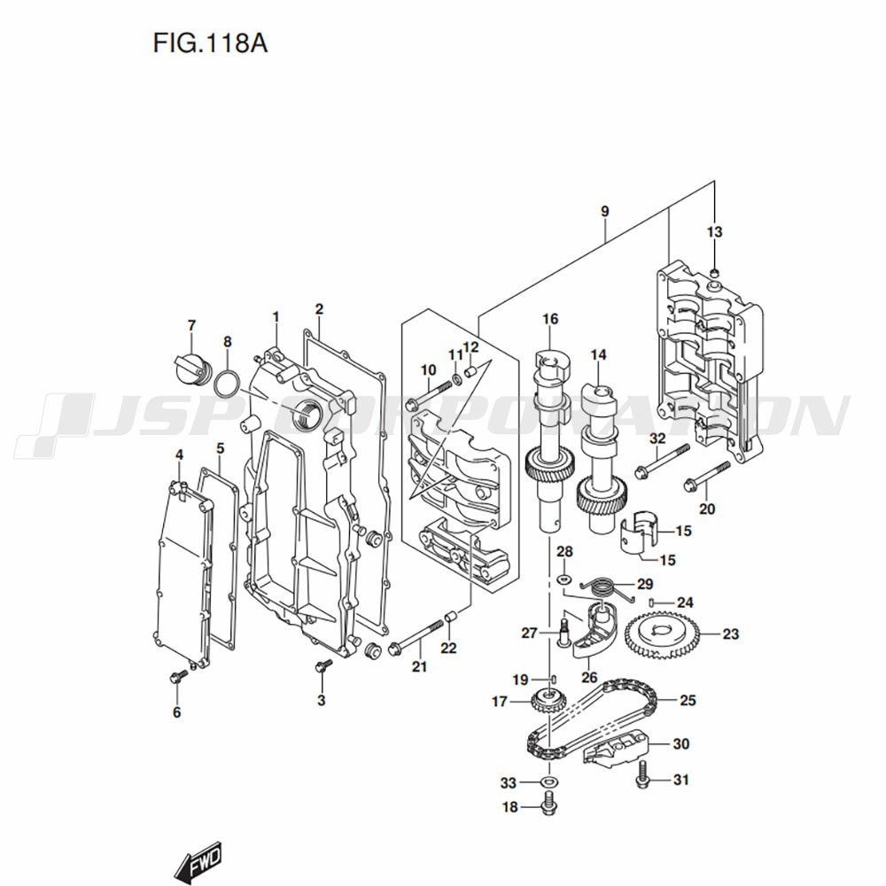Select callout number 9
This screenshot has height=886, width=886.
pos(604,212)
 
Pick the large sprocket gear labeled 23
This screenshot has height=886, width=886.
pos(662,633)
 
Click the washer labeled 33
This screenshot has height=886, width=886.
pos(548,782)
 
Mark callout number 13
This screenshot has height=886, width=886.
pos(714,232)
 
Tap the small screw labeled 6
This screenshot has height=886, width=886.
pos(175,678)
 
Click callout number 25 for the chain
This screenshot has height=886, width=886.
pos(688,700)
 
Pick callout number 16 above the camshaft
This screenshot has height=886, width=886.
pos(550,318)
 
